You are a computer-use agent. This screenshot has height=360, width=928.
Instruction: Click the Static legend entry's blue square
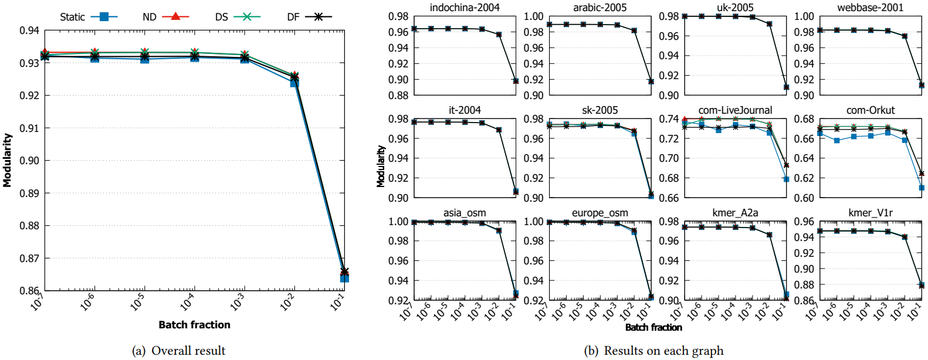pyautogui.click(x=104, y=17)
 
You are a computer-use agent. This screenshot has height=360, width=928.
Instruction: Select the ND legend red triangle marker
pyautogui.click(x=175, y=16)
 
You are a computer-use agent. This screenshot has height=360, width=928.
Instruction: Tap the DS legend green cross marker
pyautogui.click(x=247, y=17)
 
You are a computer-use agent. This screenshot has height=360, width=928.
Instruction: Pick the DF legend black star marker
pyautogui.click(x=319, y=17)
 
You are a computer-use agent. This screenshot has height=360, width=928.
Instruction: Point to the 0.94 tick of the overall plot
pyautogui.click(x=29, y=30)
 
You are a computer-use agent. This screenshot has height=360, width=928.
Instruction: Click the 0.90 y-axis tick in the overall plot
pyautogui.click(x=29, y=161)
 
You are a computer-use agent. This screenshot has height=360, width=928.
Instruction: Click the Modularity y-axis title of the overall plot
pyautogui.click(x=7, y=160)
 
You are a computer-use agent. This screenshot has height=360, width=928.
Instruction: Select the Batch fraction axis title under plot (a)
pyautogui.click(x=194, y=325)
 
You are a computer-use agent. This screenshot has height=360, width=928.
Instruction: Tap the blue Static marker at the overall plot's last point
pyautogui.click(x=344, y=278)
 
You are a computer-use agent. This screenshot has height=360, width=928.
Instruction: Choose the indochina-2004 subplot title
pyautogui.click(x=465, y=8)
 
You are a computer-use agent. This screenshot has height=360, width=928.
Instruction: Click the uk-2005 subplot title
pyautogui.click(x=735, y=8)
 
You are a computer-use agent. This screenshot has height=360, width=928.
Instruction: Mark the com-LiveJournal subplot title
pyautogui.click(x=735, y=110)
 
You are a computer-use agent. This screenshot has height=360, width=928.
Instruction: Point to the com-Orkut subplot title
pyautogui.click(x=871, y=110)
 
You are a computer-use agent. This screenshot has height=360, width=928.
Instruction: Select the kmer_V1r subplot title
pyautogui.click(x=871, y=213)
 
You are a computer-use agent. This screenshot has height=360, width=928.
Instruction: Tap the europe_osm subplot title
pyautogui.click(x=600, y=213)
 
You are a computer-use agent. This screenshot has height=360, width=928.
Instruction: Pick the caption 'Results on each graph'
pyautogui.click(x=663, y=351)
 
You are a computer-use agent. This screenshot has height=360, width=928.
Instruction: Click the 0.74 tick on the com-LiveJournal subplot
pyautogui.click(x=669, y=119)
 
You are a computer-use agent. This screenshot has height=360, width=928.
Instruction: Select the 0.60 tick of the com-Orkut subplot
pyautogui.click(x=804, y=198)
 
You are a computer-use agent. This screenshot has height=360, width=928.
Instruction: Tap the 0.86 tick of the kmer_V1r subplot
pyautogui.click(x=804, y=301)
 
